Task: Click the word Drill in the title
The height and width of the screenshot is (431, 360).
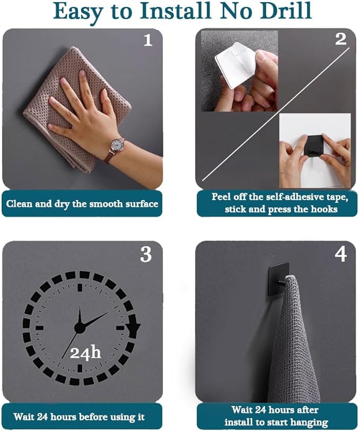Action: pyautogui.click(x=286, y=11)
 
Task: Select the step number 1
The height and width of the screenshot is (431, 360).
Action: pyautogui.click(x=148, y=40)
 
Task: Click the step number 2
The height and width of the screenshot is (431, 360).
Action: pyautogui.click(x=340, y=39)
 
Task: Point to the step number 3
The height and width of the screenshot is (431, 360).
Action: pyautogui.click(x=146, y=254)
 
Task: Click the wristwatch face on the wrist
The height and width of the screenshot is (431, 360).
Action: pyautogui.click(x=117, y=145)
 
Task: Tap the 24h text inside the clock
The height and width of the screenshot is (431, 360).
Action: pyautogui.click(x=85, y=352)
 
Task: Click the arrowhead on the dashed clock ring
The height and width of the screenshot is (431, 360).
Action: pyautogui.click(x=135, y=327)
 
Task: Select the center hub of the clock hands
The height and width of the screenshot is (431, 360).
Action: pyautogui.click(x=79, y=327)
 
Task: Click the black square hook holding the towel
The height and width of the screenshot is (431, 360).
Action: pyautogui.click(x=278, y=279)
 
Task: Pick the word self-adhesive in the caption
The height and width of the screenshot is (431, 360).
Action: pyautogui.click(x=293, y=197)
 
